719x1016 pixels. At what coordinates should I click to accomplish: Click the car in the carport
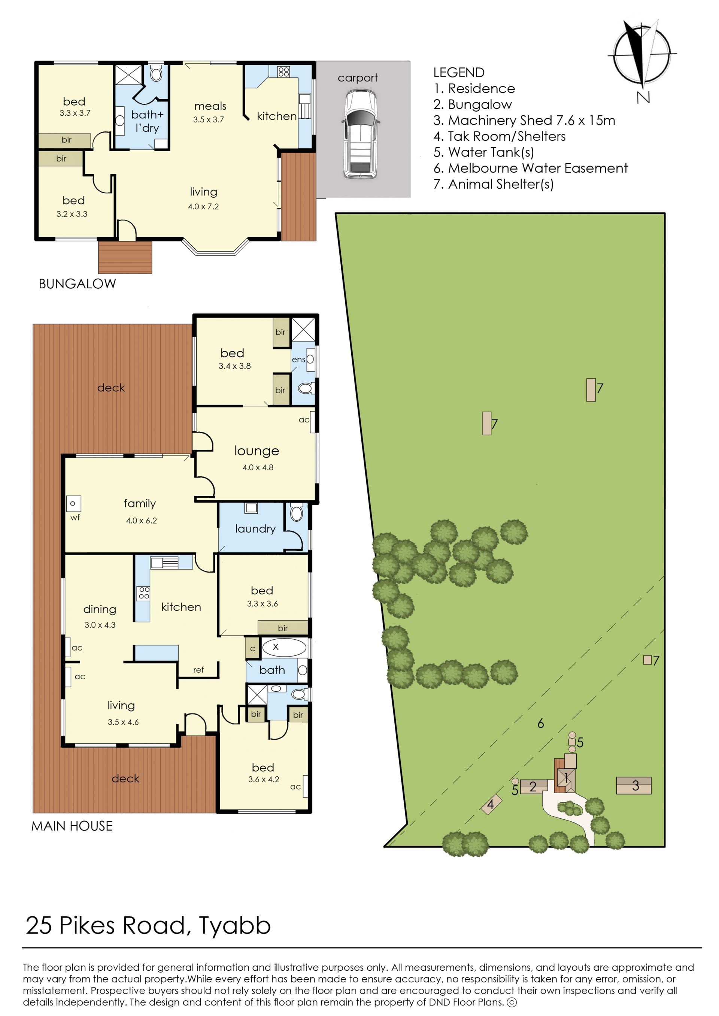click(360, 134)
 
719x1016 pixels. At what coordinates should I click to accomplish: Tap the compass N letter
click(643, 97)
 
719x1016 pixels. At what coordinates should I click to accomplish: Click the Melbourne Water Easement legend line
click(530, 168)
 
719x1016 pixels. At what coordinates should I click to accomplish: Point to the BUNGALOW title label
click(78, 284)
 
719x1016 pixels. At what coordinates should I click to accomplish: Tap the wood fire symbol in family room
click(73, 503)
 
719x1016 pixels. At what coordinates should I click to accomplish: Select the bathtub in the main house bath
click(284, 647)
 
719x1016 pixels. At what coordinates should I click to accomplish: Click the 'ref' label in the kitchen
click(198, 670)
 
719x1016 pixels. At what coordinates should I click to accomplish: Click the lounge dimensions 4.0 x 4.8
click(258, 467)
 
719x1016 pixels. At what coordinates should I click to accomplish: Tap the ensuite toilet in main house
click(306, 389)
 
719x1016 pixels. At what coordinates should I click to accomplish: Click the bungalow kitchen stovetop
click(284, 72)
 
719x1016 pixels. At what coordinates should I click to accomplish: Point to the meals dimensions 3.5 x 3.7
click(209, 119)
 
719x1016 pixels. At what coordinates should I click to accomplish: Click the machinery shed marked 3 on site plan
click(634, 785)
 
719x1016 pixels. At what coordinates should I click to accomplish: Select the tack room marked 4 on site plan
click(491, 804)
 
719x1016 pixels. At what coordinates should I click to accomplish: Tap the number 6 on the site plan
click(541, 724)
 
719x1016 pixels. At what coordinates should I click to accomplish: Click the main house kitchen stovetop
click(143, 593)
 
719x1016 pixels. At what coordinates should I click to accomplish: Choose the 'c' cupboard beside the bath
click(252, 649)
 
